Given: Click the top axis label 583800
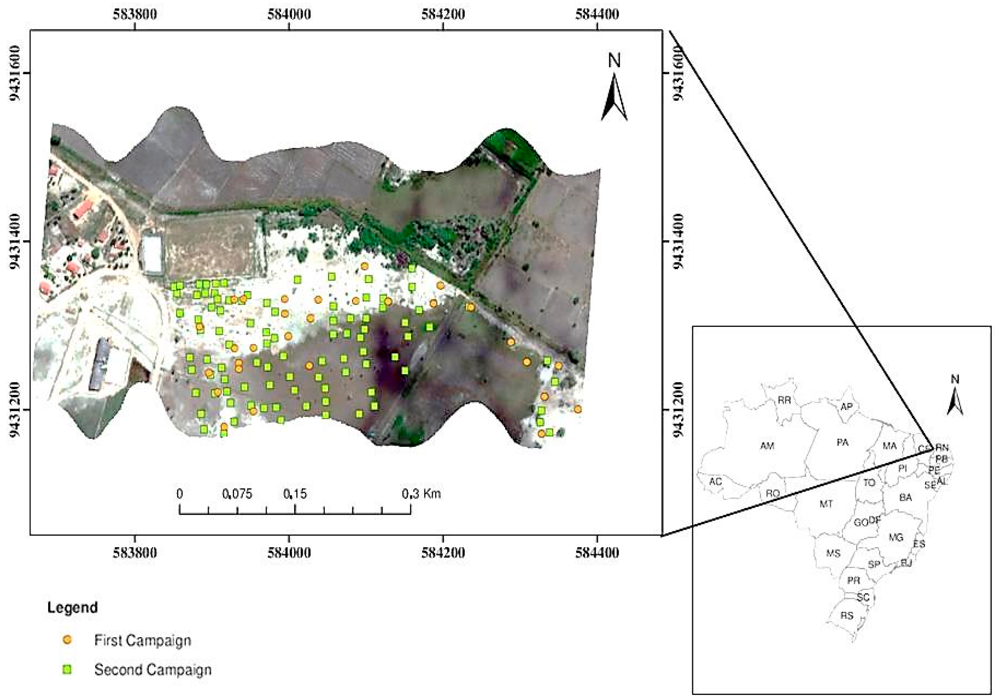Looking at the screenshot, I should pos(135,14).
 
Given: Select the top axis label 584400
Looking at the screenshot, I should pos(597,14).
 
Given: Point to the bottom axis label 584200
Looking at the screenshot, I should pos(443,553).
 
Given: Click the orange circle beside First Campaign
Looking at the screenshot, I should pos(67,640).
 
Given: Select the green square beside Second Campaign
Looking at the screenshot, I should pos(67,670).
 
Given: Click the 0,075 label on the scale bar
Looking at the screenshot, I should pos(237,494).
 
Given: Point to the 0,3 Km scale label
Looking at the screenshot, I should pos(421,494).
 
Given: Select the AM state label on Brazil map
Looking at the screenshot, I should pos(767,446).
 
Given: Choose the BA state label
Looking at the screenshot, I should pos(905,498).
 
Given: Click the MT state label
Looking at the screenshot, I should pos(826,504).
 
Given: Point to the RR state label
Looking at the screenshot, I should pos(784,400).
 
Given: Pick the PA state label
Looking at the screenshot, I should pos(842,443).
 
